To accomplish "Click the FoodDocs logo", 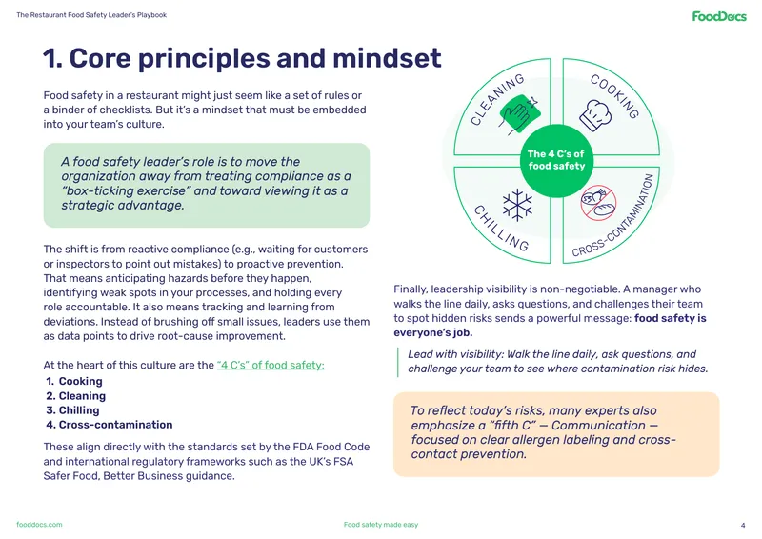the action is click(719, 16).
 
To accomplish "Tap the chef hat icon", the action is click(594, 115).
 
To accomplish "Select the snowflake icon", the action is click(517, 205).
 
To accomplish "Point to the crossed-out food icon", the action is click(598, 203).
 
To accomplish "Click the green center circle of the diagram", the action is click(556, 160).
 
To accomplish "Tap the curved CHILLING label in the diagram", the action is click(501, 228).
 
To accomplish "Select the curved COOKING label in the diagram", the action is click(614, 96).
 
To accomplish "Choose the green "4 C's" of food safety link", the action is click(271, 365).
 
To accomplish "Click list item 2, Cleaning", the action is click(76, 396).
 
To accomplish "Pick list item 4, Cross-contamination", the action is click(110, 425).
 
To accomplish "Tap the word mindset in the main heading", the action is click(387, 58).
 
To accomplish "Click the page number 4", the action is click(743, 525).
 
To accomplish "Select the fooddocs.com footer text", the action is click(39, 525).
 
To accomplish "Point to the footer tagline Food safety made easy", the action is click(380, 525).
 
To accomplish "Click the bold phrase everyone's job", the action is click(433, 333).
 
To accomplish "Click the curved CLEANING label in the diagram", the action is click(497, 99).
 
